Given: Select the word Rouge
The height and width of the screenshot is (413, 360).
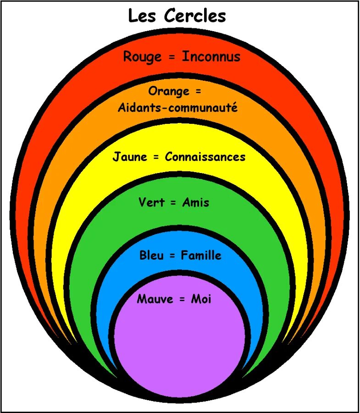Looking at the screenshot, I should click(x=142, y=57).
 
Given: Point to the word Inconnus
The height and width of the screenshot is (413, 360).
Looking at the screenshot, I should click(x=211, y=56).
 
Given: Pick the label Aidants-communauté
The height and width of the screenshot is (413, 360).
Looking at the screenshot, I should click(x=178, y=108).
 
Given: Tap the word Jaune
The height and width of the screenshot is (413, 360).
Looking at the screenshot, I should click(x=130, y=157).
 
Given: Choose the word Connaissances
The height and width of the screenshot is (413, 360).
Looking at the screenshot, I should click(x=205, y=157).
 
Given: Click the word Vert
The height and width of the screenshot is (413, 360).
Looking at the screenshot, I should click(x=151, y=202).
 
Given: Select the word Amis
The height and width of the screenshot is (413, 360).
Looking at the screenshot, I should click(x=196, y=202).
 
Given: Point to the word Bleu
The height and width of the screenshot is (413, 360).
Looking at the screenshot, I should click(x=151, y=255).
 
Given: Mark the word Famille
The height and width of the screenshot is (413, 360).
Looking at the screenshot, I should click(x=201, y=255).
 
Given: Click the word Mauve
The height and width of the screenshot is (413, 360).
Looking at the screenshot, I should click(x=155, y=300).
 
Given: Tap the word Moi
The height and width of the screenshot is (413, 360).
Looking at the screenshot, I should click(x=201, y=300).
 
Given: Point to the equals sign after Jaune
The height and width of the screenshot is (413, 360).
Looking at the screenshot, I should click(x=156, y=157).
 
